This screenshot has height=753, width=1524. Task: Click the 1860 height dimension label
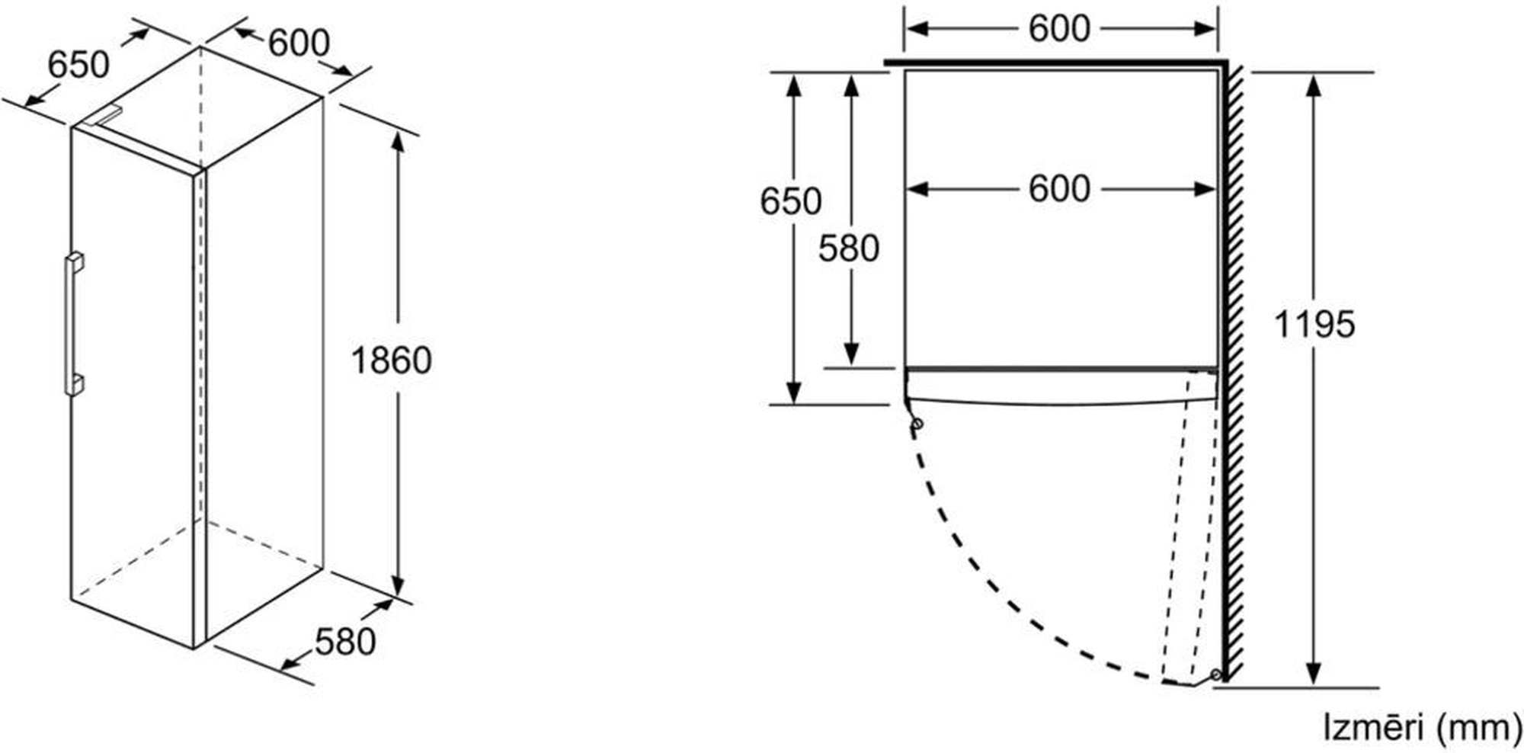391,360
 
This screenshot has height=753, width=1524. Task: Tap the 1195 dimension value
1314,324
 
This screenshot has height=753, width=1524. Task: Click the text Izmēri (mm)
1422,728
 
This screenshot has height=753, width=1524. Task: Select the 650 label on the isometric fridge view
78,65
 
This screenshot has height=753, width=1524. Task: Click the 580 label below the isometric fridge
345,642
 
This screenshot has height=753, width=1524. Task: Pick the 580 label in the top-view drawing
849,248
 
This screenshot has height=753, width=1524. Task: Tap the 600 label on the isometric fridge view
299,43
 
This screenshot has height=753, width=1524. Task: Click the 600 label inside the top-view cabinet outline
1059,189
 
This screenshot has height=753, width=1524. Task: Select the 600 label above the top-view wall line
1059,29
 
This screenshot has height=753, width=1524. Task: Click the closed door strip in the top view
1059,386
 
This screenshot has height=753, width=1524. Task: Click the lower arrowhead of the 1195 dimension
1313,674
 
